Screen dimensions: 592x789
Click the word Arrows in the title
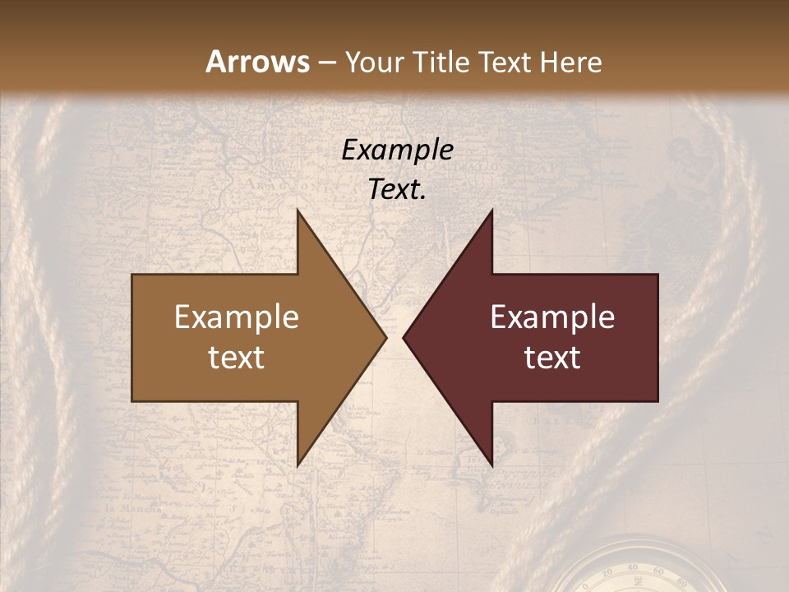(257, 62)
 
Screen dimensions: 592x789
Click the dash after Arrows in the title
(327, 63)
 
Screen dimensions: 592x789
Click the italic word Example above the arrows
(397, 150)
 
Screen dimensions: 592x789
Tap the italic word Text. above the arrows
(397, 190)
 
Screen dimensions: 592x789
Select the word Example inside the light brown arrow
(237, 317)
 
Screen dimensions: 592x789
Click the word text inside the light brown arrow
(237, 358)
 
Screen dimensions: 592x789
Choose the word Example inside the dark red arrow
(552, 317)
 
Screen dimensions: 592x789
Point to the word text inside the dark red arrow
(552, 358)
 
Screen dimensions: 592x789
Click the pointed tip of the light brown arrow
(385, 337)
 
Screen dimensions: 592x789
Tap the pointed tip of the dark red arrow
(404, 337)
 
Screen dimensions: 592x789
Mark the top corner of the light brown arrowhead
(298, 210)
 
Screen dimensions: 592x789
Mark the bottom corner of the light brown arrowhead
(298, 465)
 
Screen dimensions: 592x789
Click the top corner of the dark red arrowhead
(491, 210)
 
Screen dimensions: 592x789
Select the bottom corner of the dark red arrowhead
(491, 465)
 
